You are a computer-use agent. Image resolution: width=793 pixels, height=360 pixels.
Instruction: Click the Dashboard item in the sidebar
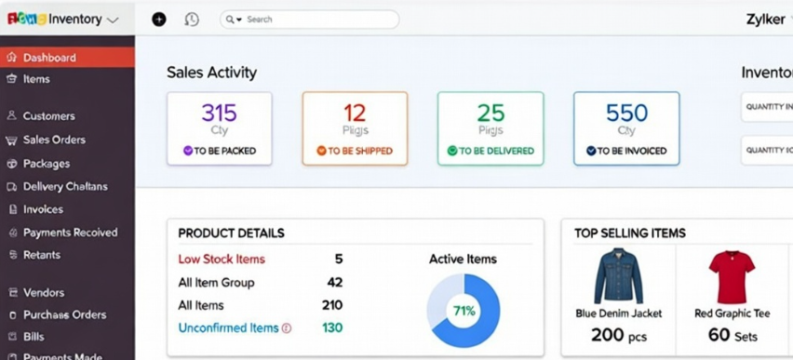(x=49, y=58)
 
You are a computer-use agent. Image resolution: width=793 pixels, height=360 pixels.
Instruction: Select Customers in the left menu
(x=48, y=116)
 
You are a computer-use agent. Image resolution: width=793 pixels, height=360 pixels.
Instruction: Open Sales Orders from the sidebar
(x=54, y=140)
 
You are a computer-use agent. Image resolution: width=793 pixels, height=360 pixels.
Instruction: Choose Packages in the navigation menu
(x=47, y=164)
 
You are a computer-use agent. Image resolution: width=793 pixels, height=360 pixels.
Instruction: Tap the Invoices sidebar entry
(x=43, y=209)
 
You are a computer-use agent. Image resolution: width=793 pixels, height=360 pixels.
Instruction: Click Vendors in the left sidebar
(x=43, y=292)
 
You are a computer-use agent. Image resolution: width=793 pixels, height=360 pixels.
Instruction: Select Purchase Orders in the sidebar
(x=64, y=314)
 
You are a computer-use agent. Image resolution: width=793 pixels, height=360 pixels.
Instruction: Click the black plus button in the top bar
(x=159, y=20)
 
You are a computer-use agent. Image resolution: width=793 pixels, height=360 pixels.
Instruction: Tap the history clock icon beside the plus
(x=192, y=20)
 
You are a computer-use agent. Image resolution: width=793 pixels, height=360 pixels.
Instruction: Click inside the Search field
(x=316, y=20)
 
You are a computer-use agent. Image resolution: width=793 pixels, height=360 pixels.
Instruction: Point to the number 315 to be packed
(x=220, y=113)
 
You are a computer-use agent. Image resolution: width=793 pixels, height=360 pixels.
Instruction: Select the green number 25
(x=491, y=113)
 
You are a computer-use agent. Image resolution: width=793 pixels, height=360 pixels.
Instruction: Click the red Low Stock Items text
(x=222, y=260)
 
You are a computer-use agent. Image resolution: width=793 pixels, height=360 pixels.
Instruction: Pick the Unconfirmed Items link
(x=228, y=327)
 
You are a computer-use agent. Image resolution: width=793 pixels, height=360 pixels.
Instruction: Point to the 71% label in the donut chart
(x=464, y=311)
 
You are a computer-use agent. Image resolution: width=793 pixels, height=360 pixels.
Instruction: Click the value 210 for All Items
(x=332, y=305)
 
